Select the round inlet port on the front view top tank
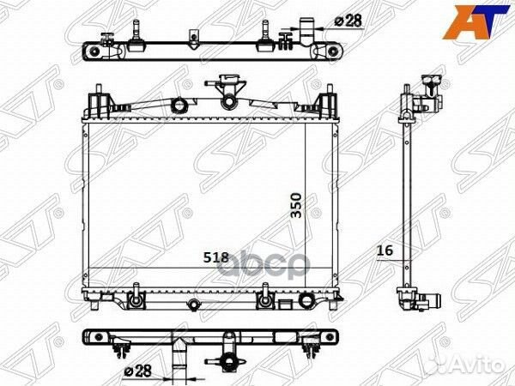click(179, 106)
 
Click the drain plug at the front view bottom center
click(194, 304)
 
